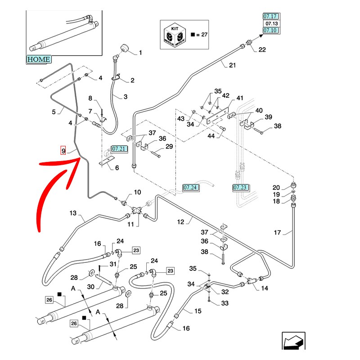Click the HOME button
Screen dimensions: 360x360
coord(39,59)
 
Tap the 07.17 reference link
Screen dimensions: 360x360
coord(271,17)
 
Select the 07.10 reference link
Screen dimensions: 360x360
coord(271,30)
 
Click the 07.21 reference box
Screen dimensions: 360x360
coord(120,148)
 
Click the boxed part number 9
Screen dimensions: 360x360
coord(63,150)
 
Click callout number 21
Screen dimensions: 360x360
coord(232,65)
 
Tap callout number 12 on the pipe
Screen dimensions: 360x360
coord(193,221)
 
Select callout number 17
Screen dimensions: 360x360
coord(278,232)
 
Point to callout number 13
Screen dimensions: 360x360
coord(73,213)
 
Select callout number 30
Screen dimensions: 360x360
coord(90,287)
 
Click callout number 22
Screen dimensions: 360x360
coord(262,49)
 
